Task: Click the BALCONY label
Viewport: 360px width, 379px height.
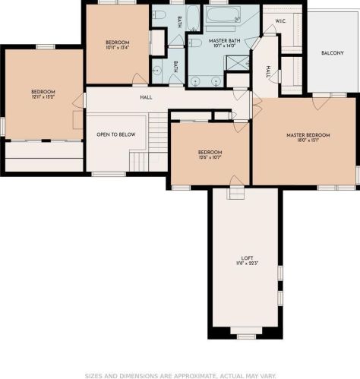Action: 333,52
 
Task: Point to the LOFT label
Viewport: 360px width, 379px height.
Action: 246,258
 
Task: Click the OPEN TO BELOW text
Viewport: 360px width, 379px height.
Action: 115,134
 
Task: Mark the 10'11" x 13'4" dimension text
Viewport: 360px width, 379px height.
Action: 117,48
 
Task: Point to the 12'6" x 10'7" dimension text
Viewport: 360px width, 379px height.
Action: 210,158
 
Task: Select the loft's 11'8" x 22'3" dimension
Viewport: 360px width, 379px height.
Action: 246,264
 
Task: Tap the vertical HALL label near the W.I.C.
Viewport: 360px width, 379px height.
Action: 268,71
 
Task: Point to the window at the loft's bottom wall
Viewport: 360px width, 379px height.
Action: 245,336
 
